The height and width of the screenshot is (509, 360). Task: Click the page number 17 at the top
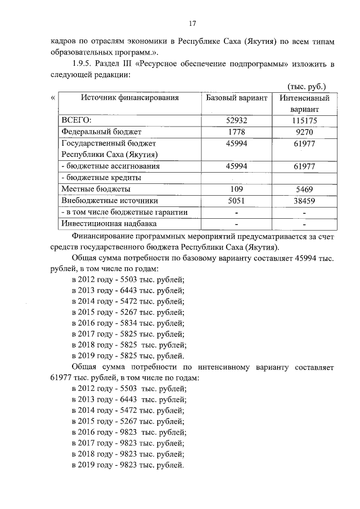tap(192, 24)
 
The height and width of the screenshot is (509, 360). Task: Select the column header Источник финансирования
tap(129, 98)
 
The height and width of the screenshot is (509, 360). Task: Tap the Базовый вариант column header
tap(236, 98)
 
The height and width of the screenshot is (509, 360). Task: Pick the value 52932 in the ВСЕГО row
tap(236, 120)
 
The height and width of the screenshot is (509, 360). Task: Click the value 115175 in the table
tap(304, 120)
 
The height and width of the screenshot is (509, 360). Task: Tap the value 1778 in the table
tap(236, 132)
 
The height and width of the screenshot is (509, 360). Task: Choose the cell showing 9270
tap(304, 132)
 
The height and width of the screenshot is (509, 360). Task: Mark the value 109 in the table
tap(236, 189)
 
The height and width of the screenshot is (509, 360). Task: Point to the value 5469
tap(304, 189)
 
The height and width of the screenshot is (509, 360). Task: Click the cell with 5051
tap(236, 200)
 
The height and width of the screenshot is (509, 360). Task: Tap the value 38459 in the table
tap(304, 200)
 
